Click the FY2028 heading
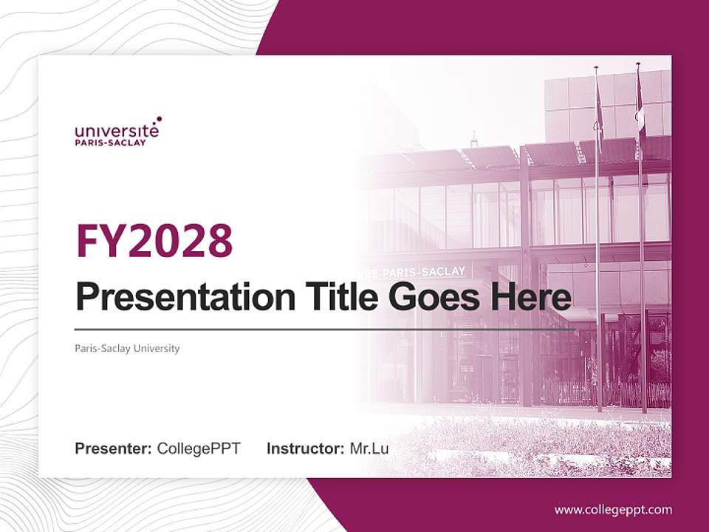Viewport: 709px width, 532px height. point(154,240)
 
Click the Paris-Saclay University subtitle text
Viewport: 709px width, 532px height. point(127,348)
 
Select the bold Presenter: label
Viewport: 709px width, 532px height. point(114,449)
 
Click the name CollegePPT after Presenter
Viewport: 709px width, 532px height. point(199,449)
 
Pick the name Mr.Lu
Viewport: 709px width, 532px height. point(369,449)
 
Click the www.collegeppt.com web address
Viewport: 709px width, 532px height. point(613,509)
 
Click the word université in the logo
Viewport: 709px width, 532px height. point(116,131)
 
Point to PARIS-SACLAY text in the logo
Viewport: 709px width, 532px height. point(110,143)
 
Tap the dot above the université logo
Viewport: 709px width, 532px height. point(158,118)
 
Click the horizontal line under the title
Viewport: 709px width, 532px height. point(325,329)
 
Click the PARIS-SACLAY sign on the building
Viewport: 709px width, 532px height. point(421,272)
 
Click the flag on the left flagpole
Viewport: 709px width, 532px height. point(600,111)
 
